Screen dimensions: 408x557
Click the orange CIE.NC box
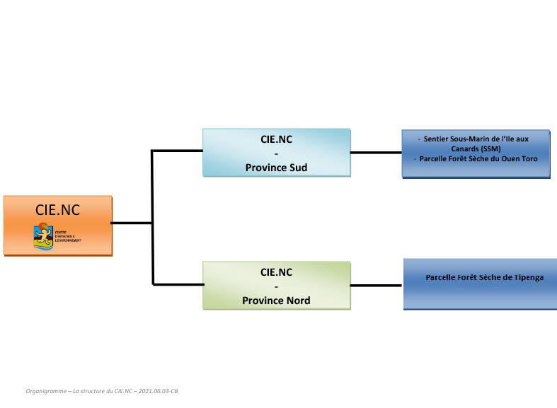pos(57,226)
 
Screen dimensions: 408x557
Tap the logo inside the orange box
pos(43,235)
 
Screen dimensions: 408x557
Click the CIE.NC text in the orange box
pos(57,210)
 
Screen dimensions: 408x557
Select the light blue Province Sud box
pos(277,152)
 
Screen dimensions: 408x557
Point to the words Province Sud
pos(276,168)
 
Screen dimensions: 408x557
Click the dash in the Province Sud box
pos(276,153)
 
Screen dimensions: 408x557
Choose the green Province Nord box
pos(277,285)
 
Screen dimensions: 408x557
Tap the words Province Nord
pos(276,301)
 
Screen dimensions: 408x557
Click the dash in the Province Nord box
pos(276,286)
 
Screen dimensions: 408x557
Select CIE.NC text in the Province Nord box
pos(276,272)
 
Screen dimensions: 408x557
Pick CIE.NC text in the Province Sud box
pos(276,139)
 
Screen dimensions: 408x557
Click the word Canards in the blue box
pos(465,148)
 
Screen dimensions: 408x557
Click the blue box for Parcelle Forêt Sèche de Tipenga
pos(479,284)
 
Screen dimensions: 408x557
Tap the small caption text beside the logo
pos(68,236)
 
